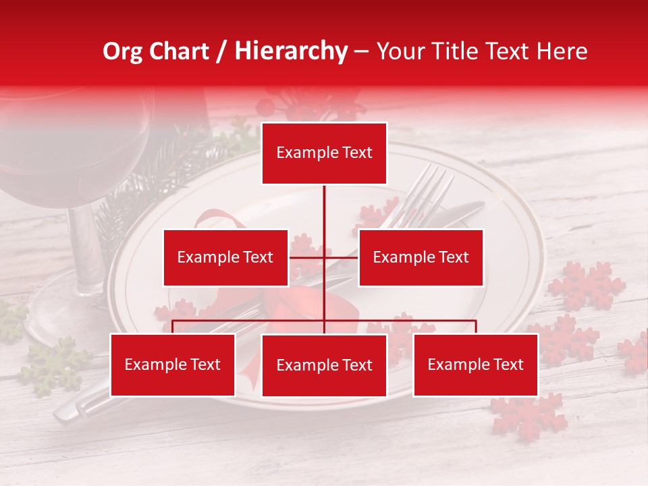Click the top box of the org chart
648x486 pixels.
coord(324,153)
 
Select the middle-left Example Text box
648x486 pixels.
coord(225,257)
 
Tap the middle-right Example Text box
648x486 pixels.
coord(421,257)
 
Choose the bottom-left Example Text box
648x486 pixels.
coord(173,364)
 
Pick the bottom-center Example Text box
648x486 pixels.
coord(324,365)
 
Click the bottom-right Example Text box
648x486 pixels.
coord(475,364)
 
